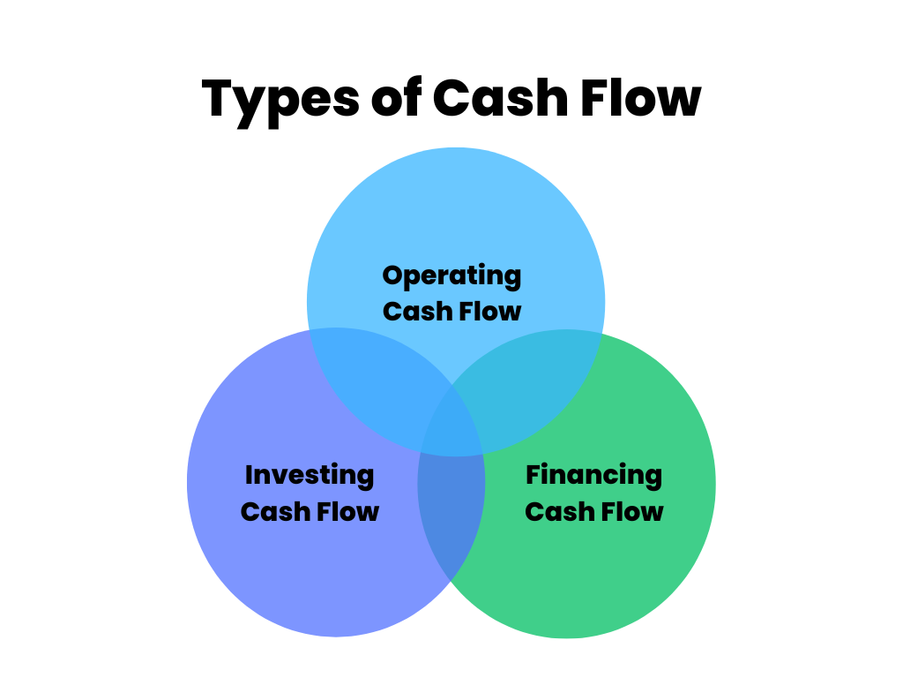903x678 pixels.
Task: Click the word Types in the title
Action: click(280, 102)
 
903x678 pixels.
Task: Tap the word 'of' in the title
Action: click(396, 97)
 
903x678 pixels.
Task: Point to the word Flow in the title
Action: click(641, 97)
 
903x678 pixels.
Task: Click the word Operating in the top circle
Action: click(451, 276)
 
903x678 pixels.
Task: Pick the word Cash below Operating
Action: click(417, 312)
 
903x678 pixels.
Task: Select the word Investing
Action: click(310, 477)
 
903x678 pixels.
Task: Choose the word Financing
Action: click(593, 477)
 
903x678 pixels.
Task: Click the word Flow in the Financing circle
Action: click(631, 511)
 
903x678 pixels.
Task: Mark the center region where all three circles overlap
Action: click(452, 426)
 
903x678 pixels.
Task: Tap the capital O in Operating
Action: click(393, 275)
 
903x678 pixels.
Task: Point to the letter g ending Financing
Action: click(653, 479)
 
